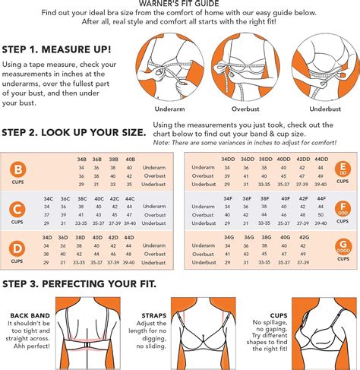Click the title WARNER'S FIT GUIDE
click(x=180, y=4)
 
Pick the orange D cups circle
click(x=17, y=250)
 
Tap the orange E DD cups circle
click(x=342, y=171)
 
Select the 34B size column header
click(x=81, y=159)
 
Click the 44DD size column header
click(x=321, y=159)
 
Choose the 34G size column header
click(x=228, y=238)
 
